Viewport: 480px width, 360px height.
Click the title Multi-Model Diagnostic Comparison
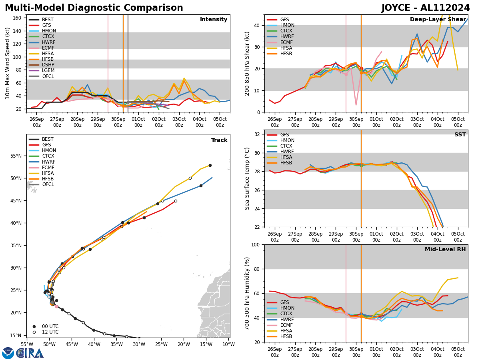(x=94, y=8)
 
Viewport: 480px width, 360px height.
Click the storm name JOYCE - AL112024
(x=426, y=8)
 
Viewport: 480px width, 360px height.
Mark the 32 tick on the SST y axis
(x=258, y=134)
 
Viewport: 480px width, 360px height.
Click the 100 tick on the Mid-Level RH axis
(x=256, y=245)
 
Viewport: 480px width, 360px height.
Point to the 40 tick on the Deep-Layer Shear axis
(x=258, y=25)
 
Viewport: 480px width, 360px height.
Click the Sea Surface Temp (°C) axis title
(x=248, y=178)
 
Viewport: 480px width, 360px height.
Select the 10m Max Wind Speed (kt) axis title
(x=7, y=63)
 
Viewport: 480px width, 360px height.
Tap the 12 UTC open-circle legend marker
(x=34, y=332)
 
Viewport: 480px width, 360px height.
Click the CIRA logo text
(x=30, y=353)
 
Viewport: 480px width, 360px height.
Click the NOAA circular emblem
(x=8, y=353)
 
